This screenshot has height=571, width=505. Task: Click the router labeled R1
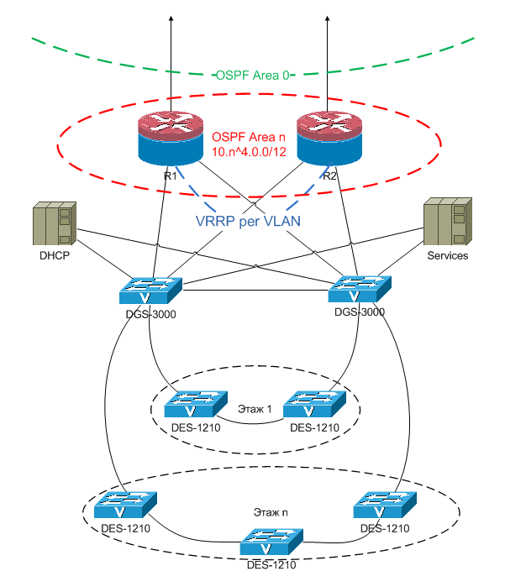[x=170, y=139]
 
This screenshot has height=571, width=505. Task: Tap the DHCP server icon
[x=54, y=224]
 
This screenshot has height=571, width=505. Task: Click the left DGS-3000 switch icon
[x=150, y=291]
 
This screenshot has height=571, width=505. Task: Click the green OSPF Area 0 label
[x=253, y=75]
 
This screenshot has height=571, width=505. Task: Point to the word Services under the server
[x=447, y=255]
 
